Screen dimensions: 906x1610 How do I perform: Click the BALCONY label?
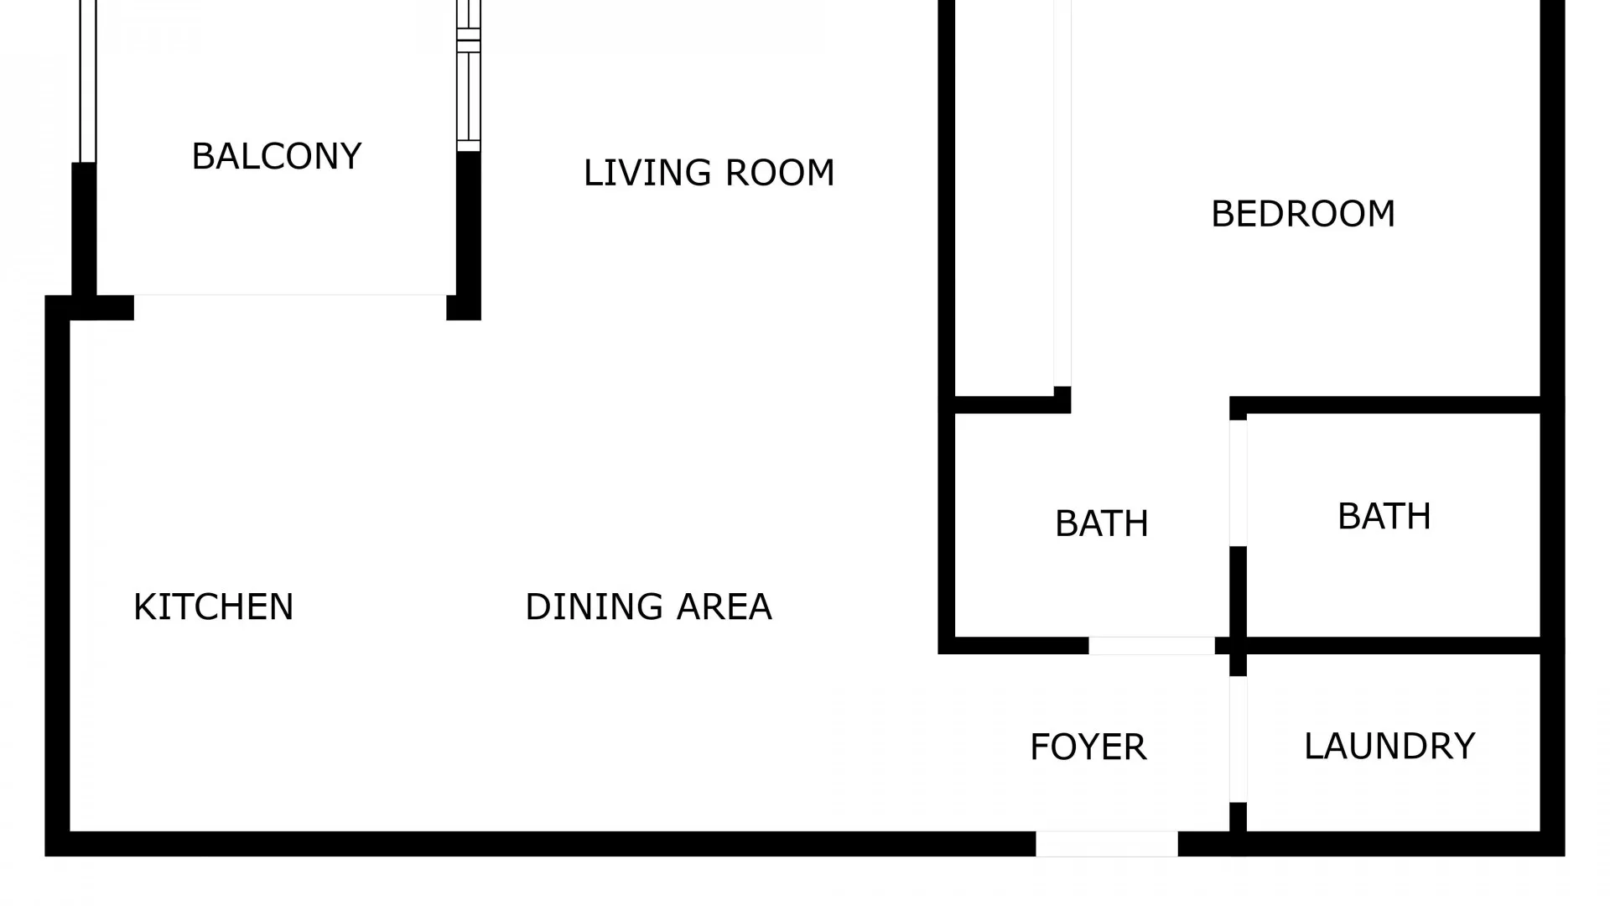(x=277, y=157)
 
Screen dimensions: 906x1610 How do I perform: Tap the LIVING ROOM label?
(x=709, y=174)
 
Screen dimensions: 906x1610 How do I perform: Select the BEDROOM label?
(x=1303, y=215)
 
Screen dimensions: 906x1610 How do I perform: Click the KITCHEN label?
(x=213, y=607)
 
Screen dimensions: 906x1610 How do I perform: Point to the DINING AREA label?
(x=648, y=607)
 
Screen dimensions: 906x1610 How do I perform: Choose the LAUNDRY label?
(x=1389, y=747)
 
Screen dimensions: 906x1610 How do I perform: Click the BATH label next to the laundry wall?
(x=1384, y=517)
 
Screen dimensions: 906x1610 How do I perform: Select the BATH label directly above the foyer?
(x=1101, y=524)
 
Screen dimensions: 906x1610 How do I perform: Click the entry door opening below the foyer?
(x=1106, y=844)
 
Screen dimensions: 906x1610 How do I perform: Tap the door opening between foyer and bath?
(x=1151, y=646)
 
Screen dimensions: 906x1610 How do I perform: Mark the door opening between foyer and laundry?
(x=1238, y=739)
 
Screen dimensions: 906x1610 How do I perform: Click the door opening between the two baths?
(x=1238, y=482)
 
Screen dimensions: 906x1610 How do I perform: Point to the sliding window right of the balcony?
(x=469, y=75)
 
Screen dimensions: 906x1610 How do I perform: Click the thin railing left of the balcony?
(x=87, y=80)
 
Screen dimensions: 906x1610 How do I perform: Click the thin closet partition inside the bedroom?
(x=1062, y=193)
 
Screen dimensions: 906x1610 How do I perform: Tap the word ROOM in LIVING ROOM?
(x=780, y=174)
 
